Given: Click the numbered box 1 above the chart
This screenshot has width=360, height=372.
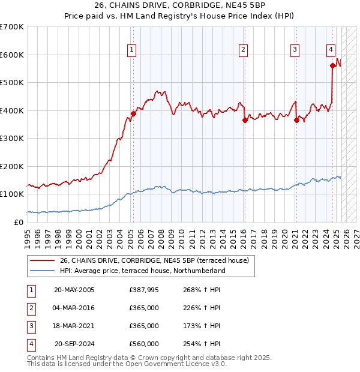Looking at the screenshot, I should pos(131,50).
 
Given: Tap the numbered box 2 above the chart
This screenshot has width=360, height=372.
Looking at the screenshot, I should pos(243,50).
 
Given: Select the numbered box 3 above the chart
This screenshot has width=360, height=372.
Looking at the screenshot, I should pos(295,50).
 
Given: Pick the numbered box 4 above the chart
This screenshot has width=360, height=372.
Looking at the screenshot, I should pos(331,50).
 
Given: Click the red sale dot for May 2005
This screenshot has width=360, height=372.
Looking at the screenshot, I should pos(133,114).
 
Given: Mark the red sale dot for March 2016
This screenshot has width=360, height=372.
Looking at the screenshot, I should pos(245,120).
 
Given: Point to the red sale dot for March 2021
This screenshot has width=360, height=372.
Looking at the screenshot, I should pos(296,120).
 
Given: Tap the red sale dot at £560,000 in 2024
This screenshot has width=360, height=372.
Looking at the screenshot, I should pos(332,66).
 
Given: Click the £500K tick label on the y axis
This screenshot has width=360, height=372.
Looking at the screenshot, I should pos(12,83).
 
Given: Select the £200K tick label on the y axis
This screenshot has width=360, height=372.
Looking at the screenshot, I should pos(12,166).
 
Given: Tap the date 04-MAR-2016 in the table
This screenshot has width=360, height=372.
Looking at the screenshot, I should pos(74,308).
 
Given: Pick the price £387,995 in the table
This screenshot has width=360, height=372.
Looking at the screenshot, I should pos(144,290).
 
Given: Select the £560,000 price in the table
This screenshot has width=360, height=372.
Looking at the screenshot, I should pos(144,344).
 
